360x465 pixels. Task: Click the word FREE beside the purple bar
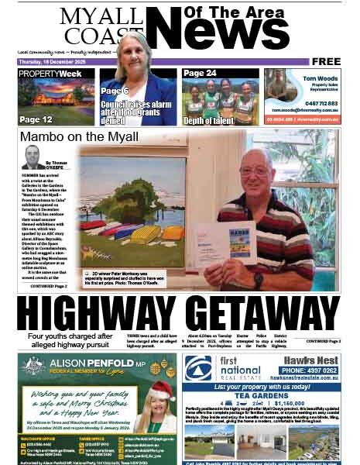327,61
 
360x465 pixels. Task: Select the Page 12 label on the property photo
36,119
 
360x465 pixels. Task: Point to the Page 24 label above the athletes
201,74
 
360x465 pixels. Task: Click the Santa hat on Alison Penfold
162,390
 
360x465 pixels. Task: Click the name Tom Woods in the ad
317,78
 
